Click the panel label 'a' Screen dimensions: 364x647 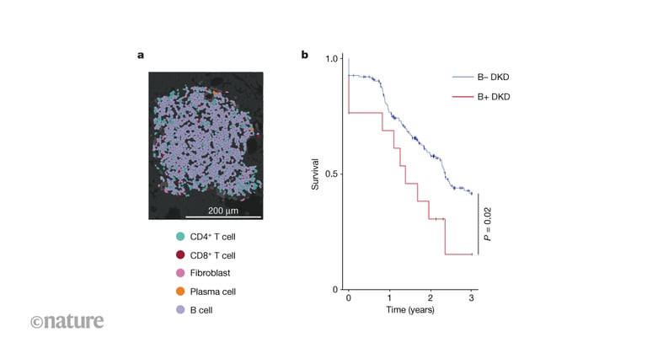141,56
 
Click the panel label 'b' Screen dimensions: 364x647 305,56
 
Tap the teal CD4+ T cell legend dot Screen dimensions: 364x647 180,237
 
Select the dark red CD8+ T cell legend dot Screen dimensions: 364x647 180,255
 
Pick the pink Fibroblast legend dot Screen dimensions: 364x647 180,273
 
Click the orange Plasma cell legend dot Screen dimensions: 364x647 180,292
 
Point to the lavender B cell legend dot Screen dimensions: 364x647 180,309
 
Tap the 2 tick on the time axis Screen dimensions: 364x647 430,298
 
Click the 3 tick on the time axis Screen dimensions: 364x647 472,298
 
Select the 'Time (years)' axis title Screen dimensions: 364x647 409,311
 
